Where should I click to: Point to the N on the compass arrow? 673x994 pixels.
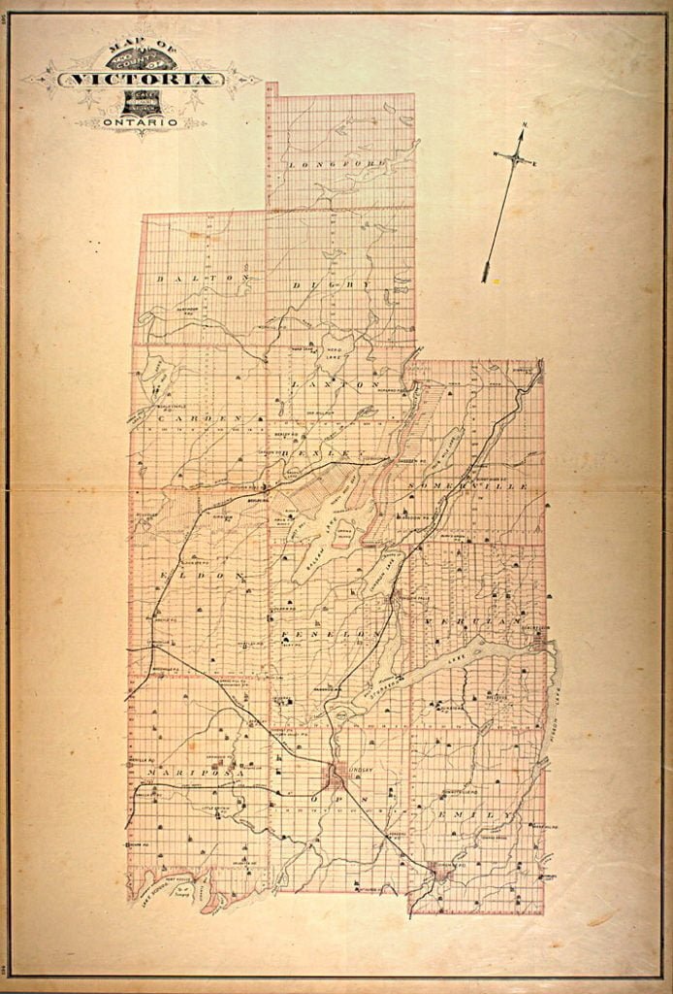coord(525,125)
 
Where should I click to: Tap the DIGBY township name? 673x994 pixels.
coord(334,285)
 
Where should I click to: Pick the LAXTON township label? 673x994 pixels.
coord(332,384)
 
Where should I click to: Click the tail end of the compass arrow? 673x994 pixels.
coord(485,279)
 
